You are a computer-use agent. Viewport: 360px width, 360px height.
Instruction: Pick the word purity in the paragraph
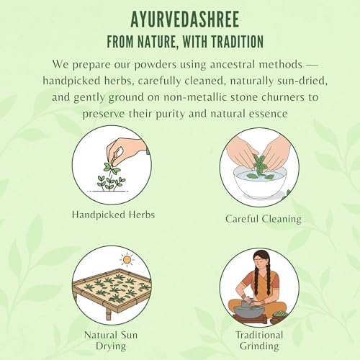171,114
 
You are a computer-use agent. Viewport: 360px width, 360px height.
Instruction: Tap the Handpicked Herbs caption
113,215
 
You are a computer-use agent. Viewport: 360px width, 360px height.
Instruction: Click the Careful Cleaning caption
264,219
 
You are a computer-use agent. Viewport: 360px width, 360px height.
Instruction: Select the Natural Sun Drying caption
111,341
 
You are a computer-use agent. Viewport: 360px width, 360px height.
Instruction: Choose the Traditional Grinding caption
259,341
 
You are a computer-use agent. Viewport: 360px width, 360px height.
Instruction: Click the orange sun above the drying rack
127,260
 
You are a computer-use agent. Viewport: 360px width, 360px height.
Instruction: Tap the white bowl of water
260,181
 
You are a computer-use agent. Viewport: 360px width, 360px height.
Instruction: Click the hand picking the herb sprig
125,150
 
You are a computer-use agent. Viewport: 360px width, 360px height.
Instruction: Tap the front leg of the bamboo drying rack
109,313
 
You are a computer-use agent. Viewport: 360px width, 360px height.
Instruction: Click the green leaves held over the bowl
258,163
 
